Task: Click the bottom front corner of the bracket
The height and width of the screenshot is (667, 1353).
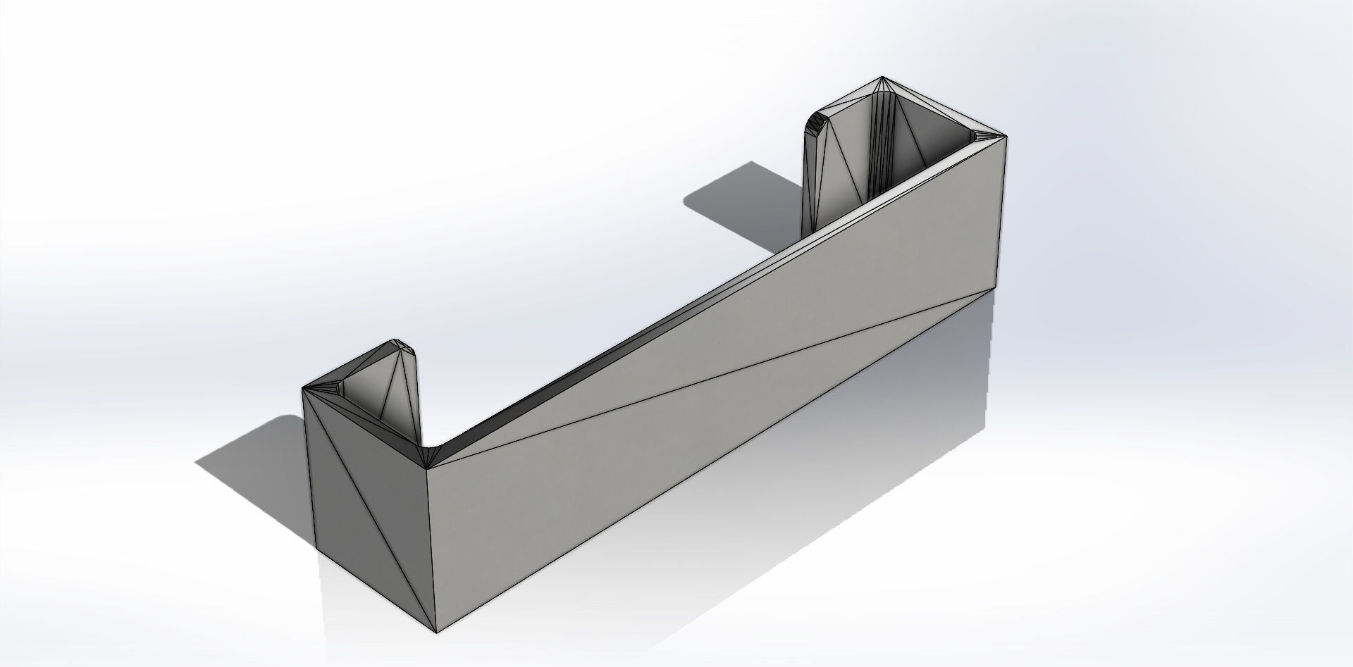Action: point(437,632)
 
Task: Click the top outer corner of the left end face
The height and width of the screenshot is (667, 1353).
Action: point(303,389)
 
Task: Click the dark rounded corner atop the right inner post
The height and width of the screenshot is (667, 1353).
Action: point(816,123)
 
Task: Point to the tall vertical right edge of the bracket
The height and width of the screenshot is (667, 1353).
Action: point(1002,211)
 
